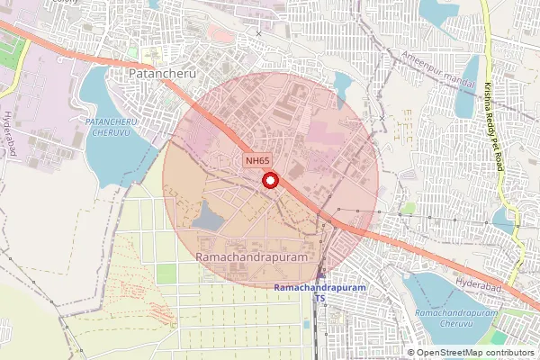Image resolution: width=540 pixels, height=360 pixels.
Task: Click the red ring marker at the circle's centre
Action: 269,181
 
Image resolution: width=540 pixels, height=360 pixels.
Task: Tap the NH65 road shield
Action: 257,161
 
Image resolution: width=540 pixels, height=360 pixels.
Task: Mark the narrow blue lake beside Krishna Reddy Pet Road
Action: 466,85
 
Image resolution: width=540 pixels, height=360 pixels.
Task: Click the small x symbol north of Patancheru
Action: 259,33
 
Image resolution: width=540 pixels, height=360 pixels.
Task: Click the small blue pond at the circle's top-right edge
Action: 342,84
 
